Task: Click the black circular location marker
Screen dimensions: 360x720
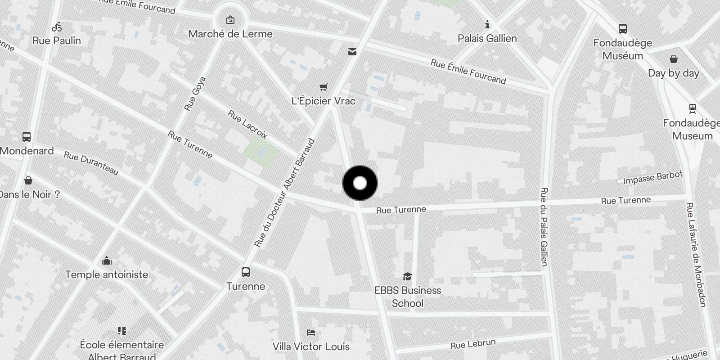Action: [x=360, y=183]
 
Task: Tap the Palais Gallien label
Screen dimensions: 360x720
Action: [x=487, y=39]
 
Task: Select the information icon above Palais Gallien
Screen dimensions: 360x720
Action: [x=487, y=24]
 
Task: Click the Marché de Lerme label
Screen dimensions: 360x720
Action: [x=230, y=34]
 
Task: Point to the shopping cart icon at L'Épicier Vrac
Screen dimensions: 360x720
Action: [x=323, y=87]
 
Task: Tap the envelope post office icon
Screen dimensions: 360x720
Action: [x=352, y=52]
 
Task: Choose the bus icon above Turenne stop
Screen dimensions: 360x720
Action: [x=246, y=272]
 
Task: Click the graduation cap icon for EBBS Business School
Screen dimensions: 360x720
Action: [x=407, y=276]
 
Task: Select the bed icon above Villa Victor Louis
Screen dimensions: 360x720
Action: [x=310, y=333]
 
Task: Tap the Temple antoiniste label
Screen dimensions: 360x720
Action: [x=107, y=274]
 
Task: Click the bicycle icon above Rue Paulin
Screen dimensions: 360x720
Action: [x=57, y=27]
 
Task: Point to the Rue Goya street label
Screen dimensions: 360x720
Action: [x=195, y=94]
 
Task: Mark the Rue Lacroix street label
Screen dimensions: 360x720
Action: [x=247, y=124]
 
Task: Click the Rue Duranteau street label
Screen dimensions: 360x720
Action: [x=91, y=163]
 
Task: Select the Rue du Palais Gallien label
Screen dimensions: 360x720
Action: [x=544, y=227]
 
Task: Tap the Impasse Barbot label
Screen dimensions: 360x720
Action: [x=652, y=177]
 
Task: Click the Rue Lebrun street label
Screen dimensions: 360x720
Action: [x=473, y=344]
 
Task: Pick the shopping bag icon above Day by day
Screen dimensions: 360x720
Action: [x=673, y=59]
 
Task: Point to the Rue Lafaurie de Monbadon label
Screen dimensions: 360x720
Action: [x=696, y=255]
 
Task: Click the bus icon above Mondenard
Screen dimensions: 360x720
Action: [x=27, y=137]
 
